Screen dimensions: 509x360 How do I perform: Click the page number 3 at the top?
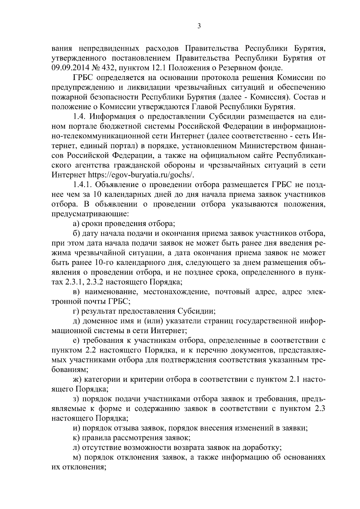199,26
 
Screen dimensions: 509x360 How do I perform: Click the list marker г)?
76,311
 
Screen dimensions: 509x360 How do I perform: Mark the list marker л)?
76,448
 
